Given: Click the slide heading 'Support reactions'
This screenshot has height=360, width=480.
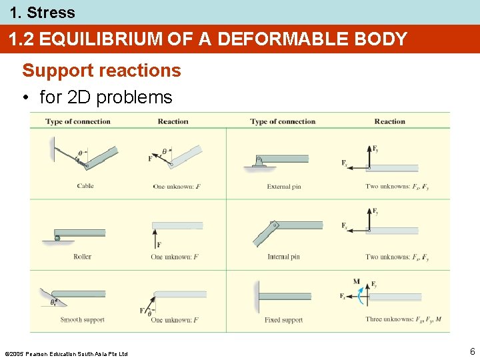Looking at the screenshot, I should (101, 71).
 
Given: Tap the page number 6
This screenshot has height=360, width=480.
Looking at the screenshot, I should (472, 351).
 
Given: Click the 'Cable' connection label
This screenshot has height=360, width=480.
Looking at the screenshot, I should (85, 186).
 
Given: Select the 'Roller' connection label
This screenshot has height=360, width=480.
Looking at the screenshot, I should (83, 257).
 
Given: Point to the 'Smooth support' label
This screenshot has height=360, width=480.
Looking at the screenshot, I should (82, 320).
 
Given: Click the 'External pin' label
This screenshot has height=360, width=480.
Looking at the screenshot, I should (284, 187).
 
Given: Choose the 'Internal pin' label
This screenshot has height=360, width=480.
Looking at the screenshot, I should (284, 257).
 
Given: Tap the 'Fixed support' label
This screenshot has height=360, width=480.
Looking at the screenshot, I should (283, 320).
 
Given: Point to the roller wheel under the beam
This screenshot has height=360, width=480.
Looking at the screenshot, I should (57, 238).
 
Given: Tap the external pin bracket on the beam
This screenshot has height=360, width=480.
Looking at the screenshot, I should (259, 161).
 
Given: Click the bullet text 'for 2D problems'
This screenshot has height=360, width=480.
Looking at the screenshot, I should (106, 97).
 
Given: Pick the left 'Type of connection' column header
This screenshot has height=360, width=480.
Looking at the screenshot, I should (78, 121).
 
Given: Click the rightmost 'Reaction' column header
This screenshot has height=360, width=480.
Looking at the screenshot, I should (389, 121).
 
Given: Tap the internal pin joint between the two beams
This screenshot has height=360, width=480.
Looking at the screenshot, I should (272, 225).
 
